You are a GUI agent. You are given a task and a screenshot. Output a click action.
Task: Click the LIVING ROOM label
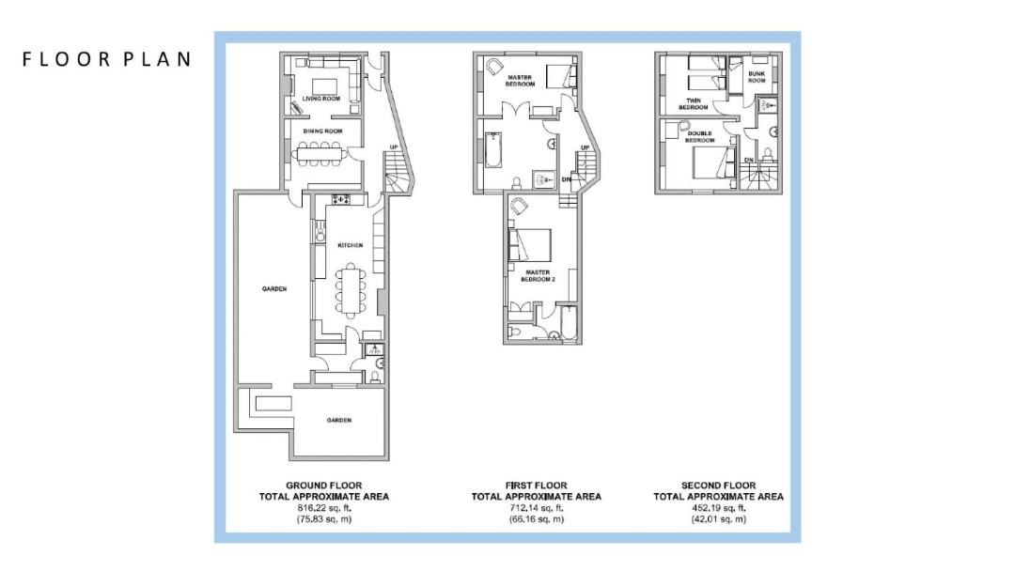click(x=321, y=99)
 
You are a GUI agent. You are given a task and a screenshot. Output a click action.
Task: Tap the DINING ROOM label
click(x=322, y=131)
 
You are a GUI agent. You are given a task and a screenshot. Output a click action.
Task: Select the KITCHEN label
click(x=351, y=246)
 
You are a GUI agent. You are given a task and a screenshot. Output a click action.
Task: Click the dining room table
click(x=320, y=155)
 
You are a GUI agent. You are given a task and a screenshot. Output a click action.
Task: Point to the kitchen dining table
click(x=351, y=290)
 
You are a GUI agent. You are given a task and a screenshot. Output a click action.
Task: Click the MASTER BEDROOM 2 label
click(x=538, y=276)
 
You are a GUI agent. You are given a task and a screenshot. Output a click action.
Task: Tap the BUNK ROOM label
click(x=756, y=77)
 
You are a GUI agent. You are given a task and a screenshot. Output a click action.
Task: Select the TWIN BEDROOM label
click(x=694, y=104)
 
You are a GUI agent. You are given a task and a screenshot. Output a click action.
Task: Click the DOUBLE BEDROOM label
click(x=700, y=137)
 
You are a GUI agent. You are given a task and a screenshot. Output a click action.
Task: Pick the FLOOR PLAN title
click(x=107, y=59)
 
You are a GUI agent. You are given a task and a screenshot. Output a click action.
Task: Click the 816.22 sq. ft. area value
click(x=324, y=508)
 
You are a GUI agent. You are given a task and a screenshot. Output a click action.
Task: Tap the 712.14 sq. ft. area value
click(x=537, y=508)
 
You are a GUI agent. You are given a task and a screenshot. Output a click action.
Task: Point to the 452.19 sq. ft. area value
click(x=719, y=508)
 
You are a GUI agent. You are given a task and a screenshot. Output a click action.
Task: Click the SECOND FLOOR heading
click(x=719, y=485)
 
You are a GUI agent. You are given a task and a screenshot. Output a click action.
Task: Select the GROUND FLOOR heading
click(x=324, y=485)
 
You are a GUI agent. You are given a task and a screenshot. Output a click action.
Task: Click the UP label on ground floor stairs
click(x=394, y=147)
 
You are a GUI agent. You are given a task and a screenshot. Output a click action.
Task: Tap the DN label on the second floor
click(x=749, y=160)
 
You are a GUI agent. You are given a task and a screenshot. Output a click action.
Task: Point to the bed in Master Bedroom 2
click(x=530, y=245)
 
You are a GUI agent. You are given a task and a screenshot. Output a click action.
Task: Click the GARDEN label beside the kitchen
click(x=274, y=289)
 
